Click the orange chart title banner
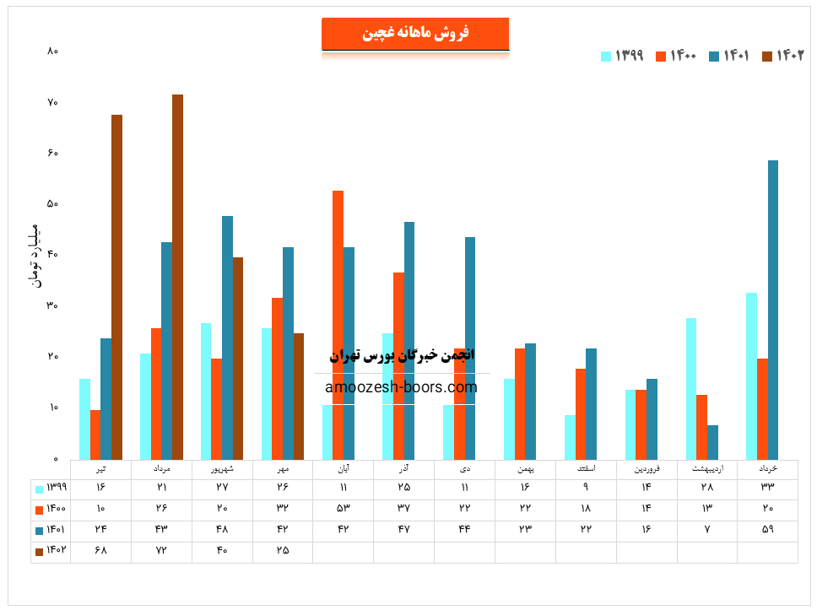tap(415, 34)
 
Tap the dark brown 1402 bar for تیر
tap(116, 287)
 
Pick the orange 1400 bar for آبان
tap(338, 325)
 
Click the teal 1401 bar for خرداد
tap(773, 310)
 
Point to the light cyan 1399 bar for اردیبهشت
tap(691, 388)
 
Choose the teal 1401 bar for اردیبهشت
tap(713, 441)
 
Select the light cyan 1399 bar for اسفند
tap(570, 437)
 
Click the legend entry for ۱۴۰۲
tap(783, 56)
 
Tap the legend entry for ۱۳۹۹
tap(622, 56)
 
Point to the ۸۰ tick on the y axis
tap(52, 51)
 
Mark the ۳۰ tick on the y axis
tap(52, 306)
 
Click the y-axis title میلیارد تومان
tap(34, 255)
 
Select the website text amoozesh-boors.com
tap(401, 387)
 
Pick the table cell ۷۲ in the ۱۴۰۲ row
tap(161, 550)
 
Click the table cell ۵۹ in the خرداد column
tap(767, 530)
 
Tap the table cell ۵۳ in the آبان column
tap(343, 509)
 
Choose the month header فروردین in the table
tap(646, 468)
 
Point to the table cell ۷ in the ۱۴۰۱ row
tap(706, 530)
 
